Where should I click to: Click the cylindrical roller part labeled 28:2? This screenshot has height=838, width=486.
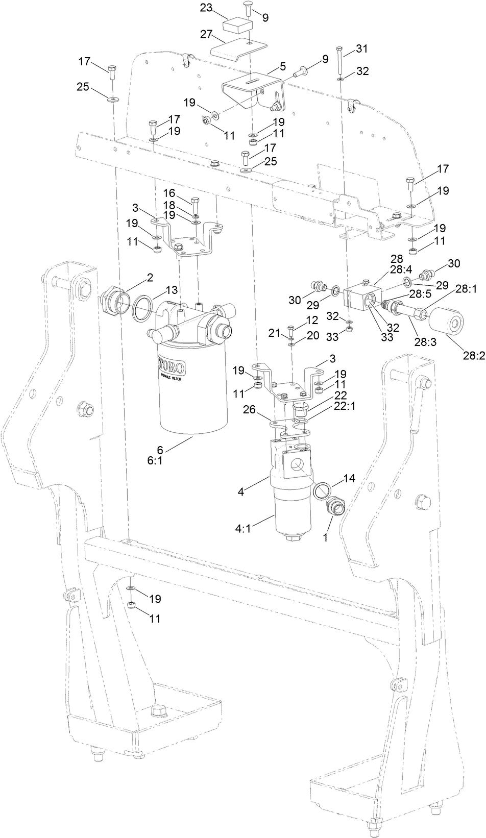click(x=447, y=325)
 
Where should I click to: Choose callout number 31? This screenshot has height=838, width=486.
click(x=361, y=48)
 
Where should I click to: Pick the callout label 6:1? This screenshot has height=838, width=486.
click(x=159, y=460)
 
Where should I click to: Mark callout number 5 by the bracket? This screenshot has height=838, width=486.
click(x=282, y=66)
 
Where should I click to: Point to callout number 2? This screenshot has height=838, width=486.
click(x=150, y=277)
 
